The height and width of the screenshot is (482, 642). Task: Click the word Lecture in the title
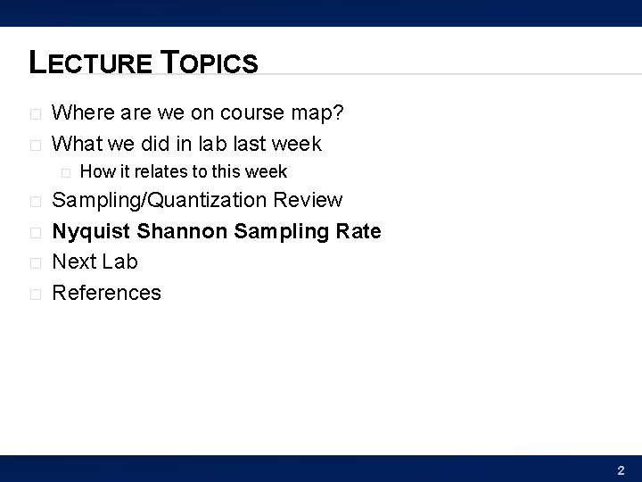[93, 62]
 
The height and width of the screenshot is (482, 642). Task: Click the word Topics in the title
[210, 62]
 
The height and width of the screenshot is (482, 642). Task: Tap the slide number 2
[621, 470]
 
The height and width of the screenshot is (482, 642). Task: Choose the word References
[107, 293]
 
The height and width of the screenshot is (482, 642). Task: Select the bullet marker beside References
[35, 294]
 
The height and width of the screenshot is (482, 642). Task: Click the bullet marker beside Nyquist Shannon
[35, 233]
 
